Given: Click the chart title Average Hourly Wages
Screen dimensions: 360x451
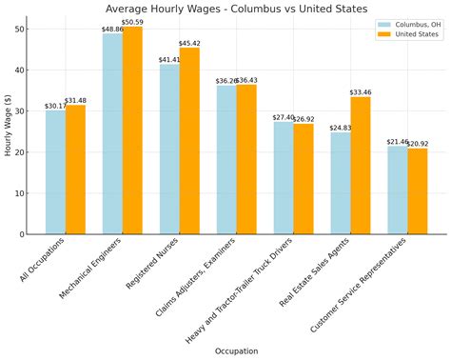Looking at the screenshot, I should point(236,9).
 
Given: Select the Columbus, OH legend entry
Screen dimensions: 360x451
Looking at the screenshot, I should point(408,25).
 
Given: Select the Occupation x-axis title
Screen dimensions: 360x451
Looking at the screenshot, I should point(236,351).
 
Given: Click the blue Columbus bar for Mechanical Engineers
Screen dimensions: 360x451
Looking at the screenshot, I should point(112,133).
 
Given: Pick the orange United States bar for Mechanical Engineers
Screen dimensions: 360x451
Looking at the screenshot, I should point(132,130).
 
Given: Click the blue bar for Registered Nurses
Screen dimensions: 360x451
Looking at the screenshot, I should point(169,149).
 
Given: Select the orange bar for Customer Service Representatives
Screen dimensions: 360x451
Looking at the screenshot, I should point(418,191).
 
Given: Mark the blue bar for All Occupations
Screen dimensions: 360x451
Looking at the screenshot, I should point(55,172).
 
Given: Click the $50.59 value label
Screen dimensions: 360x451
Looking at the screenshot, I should point(132,22).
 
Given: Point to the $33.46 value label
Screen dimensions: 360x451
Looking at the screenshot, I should point(361,92).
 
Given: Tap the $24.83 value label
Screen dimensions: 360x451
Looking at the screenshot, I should point(341,128).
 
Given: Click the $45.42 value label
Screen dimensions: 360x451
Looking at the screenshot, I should point(189,43).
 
